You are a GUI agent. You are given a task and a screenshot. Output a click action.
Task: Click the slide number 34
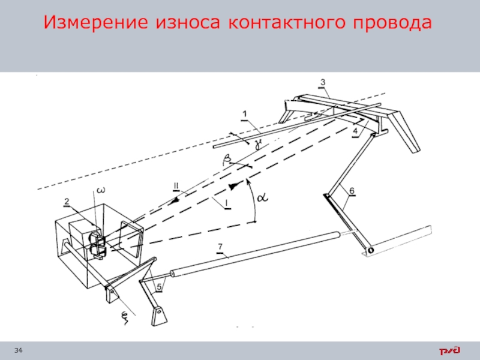(x=19, y=350)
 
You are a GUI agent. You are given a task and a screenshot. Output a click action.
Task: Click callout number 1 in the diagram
(x=244, y=113)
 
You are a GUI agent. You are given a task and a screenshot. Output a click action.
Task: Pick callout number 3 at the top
(x=322, y=82)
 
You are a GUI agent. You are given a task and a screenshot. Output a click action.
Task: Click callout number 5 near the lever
(x=159, y=287)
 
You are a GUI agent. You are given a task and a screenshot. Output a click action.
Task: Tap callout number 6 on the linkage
(x=352, y=191)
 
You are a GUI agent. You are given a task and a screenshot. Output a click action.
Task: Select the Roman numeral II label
(x=176, y=185)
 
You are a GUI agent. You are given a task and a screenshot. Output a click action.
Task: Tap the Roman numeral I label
(x=227, y=203)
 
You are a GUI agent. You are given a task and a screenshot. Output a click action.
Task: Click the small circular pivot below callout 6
(x=370, y=250)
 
